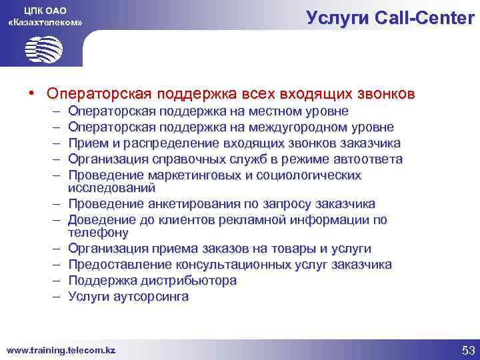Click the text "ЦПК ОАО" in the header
pyautogui.click(x=44, y=10)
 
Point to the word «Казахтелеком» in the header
pyautogui.click(x=44, y=23)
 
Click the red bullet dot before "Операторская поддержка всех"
pyautogui.click(x=31, y=92)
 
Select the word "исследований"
pyautogui.click(x=106, y=189)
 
